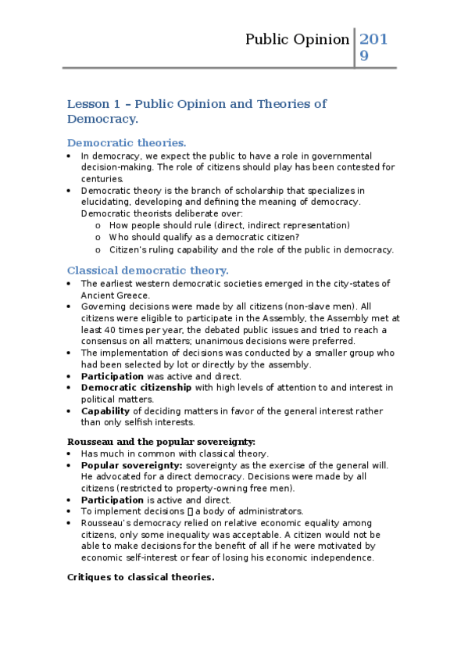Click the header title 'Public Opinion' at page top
(x=297, y=39)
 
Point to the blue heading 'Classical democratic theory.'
(x=148, y=271)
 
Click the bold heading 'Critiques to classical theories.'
(x=141, y=577)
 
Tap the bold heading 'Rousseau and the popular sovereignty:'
(x=161, y=442)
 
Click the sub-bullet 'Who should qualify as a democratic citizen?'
(x=204, y=237)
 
